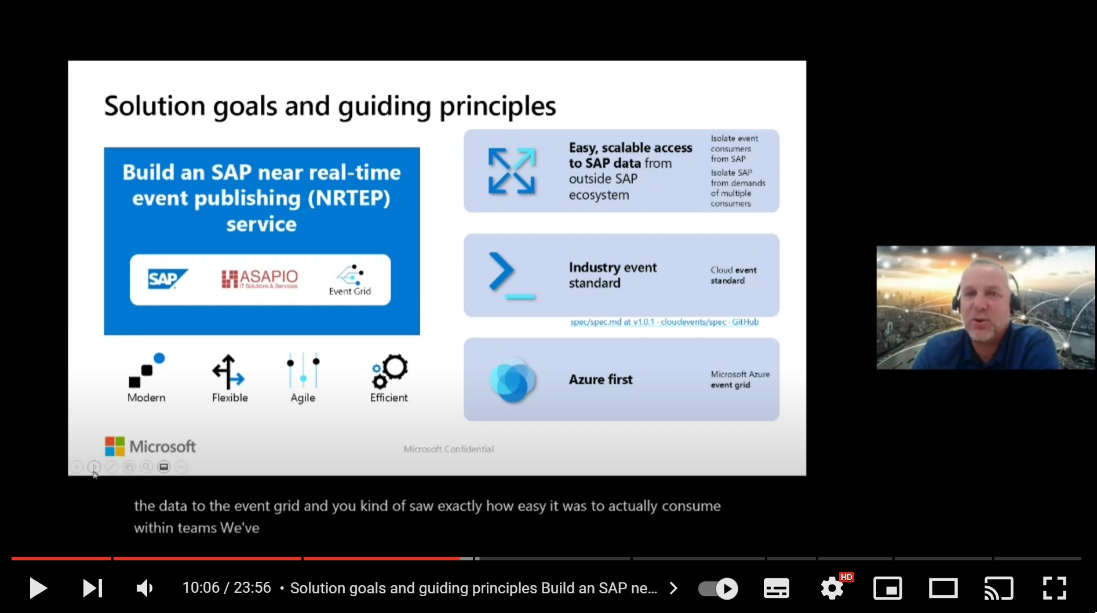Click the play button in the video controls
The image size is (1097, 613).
[38, 588]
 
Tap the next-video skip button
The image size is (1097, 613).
[93, 588]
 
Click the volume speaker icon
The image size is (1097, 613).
[144, 588]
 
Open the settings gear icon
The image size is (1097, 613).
[832, 588]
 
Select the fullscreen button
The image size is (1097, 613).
[1054, 588]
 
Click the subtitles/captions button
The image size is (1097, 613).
[776, 588]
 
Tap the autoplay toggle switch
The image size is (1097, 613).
[718, 589]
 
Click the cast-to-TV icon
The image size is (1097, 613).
[998, 588]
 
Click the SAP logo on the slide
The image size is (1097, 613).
[167, 279]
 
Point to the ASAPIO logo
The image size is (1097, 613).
[260, 279]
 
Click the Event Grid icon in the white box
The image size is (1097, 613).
[350, 280]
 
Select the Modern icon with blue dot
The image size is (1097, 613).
[147, 370]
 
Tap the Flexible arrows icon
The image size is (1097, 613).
[228, 372]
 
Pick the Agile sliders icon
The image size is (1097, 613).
[303, 370]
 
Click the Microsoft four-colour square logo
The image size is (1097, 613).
[115, 446]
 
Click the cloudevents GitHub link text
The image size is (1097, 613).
[664, 322]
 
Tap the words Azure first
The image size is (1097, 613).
[600, 380]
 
